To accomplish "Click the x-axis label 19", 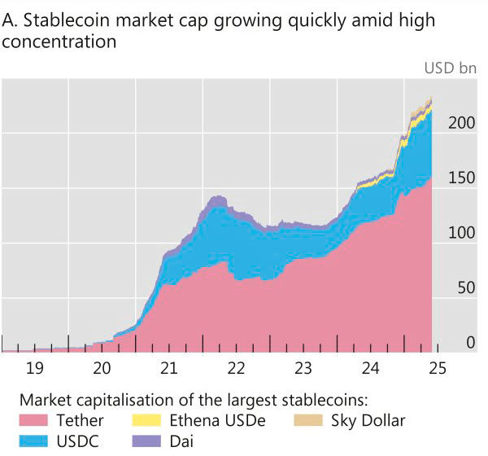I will coord(34,369).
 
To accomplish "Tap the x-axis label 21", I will coord(168,369).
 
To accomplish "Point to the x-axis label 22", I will coord(236,369).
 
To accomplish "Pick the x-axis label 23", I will coord(303,369).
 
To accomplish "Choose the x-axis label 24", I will coord(370,369).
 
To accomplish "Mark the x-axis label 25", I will coord(438,369).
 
